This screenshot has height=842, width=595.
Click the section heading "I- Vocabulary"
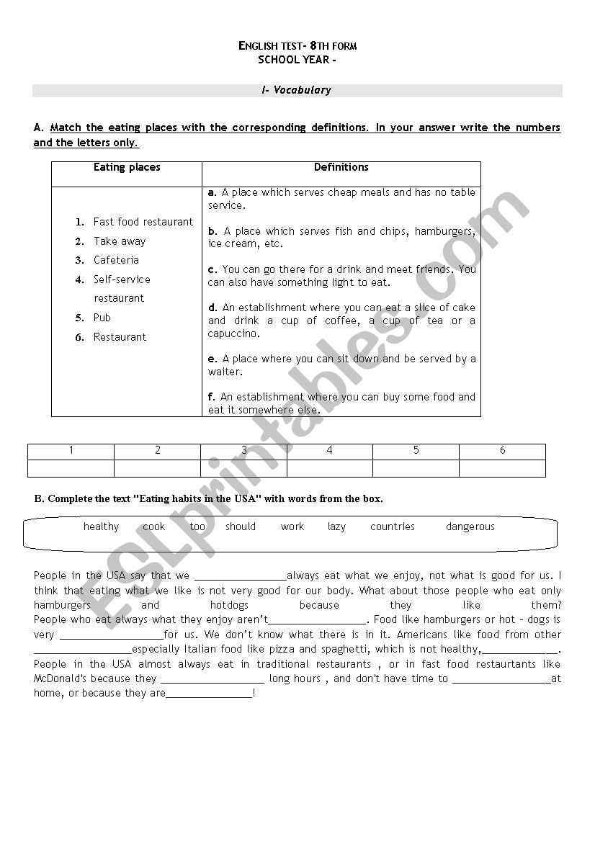(297, 91)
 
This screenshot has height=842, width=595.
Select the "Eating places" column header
(127, 167)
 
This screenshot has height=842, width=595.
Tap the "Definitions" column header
(341, 167)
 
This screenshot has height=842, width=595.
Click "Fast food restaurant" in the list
(143, 222)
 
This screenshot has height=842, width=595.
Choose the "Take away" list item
(119, 241)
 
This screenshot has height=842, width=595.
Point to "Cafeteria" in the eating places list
(116, 260)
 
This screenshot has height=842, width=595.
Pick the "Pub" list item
(102, 318)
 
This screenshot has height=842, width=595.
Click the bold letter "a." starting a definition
(212, 192)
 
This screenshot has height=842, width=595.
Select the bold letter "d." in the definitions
(212, 308)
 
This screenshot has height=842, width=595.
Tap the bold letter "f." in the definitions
(212, 397)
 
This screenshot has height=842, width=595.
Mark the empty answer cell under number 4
(329, 468)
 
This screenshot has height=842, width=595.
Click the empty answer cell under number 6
(502, 468)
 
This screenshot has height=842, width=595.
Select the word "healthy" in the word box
(101, 527)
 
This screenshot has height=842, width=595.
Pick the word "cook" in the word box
(153, 527)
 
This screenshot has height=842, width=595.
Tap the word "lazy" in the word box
(336, 527)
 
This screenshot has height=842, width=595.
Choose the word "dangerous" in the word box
(470, 527)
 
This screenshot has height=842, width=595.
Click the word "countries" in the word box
(392, 527)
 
